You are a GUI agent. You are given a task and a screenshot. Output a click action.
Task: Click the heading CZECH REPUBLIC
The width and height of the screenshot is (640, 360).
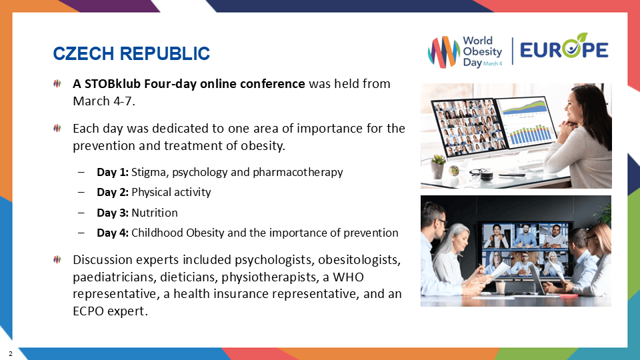click(x=131, y=53)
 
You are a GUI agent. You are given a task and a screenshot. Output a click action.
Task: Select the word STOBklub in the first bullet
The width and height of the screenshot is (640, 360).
click(x=110, y=85)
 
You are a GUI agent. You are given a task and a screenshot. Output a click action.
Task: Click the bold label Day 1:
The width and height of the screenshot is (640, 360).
click(x=112, y=172)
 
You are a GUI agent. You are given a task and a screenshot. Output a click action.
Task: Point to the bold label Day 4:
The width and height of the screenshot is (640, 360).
click(x=112, y=233)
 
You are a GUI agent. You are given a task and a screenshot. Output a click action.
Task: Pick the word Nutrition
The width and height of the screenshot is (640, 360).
click(x=155, y=213)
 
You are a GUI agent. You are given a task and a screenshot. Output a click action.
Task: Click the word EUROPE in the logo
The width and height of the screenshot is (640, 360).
click(x=563, y=50)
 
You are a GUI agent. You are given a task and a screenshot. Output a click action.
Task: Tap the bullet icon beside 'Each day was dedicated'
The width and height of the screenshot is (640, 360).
click(x=57, y=127)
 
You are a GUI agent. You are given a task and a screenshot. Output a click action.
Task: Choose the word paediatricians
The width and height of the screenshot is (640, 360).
click(x=107, y=276)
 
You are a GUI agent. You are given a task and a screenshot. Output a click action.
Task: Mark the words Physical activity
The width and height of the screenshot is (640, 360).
click(x=171, y=192)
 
